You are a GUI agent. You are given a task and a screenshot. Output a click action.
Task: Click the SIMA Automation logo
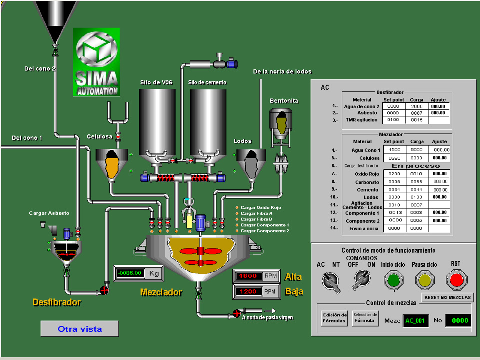(97, 62)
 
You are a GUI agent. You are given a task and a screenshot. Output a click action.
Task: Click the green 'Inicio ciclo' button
(394, 280)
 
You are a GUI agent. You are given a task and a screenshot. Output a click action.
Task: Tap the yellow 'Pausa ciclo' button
(424, 280)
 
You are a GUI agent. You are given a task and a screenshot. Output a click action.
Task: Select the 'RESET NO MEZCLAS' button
(447, 297)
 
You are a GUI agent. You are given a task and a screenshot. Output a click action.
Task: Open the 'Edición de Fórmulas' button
(335, 318)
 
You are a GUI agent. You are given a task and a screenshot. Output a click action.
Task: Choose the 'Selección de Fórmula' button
(365, 318)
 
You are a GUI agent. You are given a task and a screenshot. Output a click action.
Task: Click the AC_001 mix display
(415, 320)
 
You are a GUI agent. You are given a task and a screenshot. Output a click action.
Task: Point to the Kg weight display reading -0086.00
(130, 273)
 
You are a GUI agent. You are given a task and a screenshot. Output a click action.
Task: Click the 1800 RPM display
(247, 276)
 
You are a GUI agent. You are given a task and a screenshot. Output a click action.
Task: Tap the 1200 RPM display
(247, 291)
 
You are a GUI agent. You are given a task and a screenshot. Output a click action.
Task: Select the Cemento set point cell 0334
(395, 189)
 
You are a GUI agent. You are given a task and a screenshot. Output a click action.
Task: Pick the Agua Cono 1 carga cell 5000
(416, 150)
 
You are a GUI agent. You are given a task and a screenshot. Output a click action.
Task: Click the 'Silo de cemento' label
(207, 82)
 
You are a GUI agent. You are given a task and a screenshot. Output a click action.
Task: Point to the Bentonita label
(284, 101)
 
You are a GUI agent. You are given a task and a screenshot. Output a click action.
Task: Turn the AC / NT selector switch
(329, 281)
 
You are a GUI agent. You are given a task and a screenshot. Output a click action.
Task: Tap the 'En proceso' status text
(416, 166)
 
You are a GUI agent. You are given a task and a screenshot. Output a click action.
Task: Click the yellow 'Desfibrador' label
(57, 302)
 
